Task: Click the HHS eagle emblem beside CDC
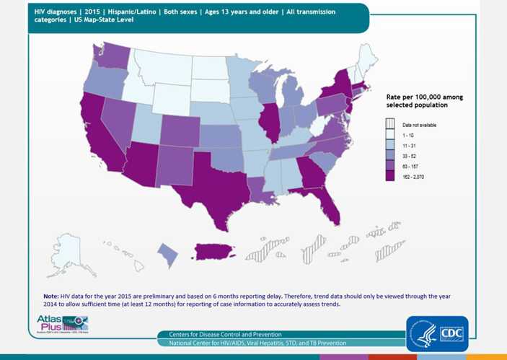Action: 422,333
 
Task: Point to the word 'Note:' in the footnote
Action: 50,296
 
